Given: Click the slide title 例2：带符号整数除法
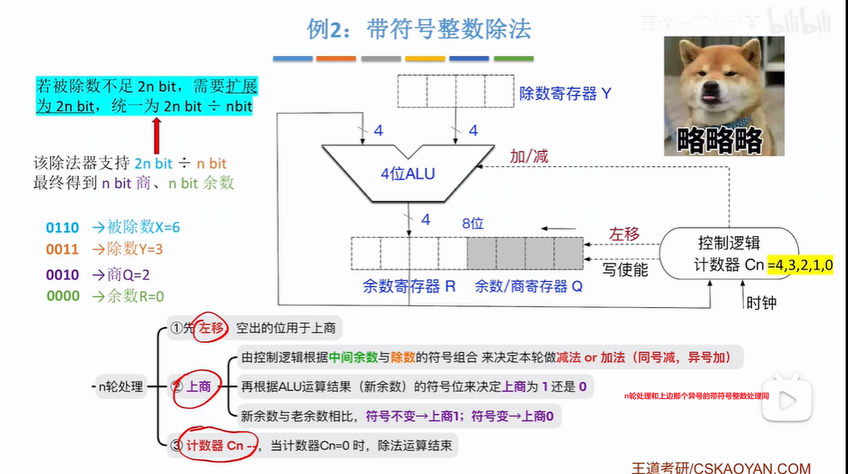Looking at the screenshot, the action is point(419,30).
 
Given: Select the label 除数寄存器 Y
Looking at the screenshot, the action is point(565,93).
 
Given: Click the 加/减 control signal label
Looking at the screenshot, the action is point(529,156).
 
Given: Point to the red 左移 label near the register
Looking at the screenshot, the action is point(623,234).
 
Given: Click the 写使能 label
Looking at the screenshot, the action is point(626,269).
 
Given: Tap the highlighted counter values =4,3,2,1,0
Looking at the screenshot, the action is point(802,265).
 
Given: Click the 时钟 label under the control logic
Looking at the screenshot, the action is point(760,302).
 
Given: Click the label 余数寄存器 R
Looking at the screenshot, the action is point(409,286).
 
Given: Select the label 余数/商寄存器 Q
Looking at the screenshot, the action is point(528,286).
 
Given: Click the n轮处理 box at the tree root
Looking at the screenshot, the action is point(120,386).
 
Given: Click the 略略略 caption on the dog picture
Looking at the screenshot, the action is point(719,139).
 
